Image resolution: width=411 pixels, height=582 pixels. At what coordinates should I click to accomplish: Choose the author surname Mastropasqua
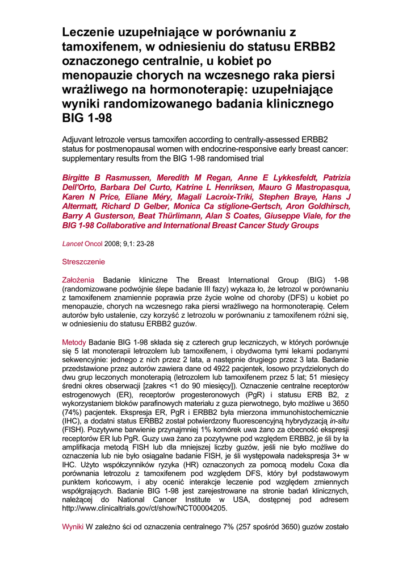coord(320,187)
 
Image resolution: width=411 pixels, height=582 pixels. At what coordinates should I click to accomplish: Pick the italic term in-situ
coord(337,435)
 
